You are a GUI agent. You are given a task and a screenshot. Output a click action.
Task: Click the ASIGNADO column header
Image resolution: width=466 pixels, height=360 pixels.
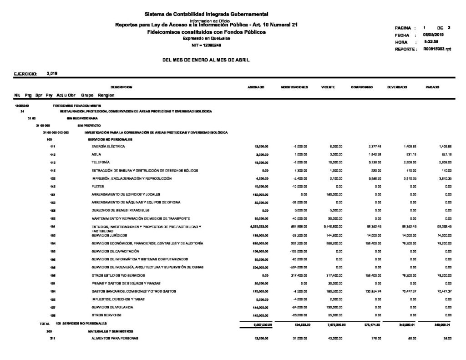point(254,87)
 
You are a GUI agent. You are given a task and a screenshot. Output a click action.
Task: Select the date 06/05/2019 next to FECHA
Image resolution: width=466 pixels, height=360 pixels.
point(433,35)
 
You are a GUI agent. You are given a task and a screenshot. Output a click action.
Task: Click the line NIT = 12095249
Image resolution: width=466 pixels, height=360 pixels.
point(207,45)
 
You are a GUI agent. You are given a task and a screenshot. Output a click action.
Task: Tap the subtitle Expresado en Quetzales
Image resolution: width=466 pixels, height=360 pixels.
point(207,39)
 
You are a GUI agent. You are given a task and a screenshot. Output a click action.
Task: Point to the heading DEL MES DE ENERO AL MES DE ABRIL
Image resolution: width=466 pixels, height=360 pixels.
point(206,60)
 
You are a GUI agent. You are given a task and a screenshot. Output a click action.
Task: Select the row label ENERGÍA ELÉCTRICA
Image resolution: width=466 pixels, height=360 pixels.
point(108,147)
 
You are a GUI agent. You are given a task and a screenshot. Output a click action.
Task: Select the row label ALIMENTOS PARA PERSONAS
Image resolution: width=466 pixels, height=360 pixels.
point(115,339)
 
